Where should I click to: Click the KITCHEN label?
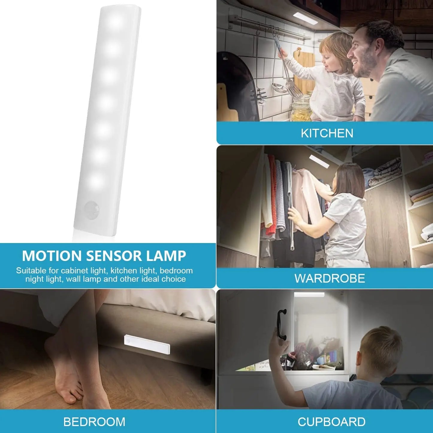(327, 133)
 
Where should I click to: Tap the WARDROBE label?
(330, 278)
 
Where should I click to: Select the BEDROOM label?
(94, 422)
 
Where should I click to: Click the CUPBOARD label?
(331, 422)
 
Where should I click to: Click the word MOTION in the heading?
(52, 256)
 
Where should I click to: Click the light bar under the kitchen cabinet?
(305, 19)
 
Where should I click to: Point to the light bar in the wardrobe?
(319, 161)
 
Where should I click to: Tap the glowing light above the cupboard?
(309, 295)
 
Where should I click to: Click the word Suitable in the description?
(31, 271)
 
